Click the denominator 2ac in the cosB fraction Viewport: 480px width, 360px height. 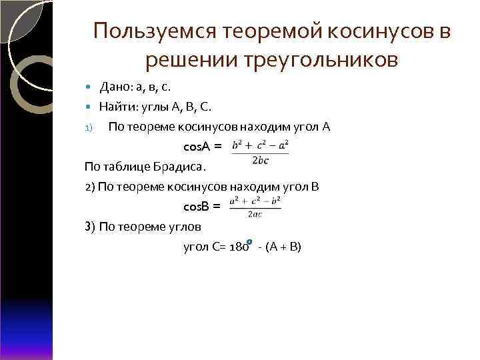(x=255, y=214)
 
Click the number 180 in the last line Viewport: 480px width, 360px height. (x=238, y=247)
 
